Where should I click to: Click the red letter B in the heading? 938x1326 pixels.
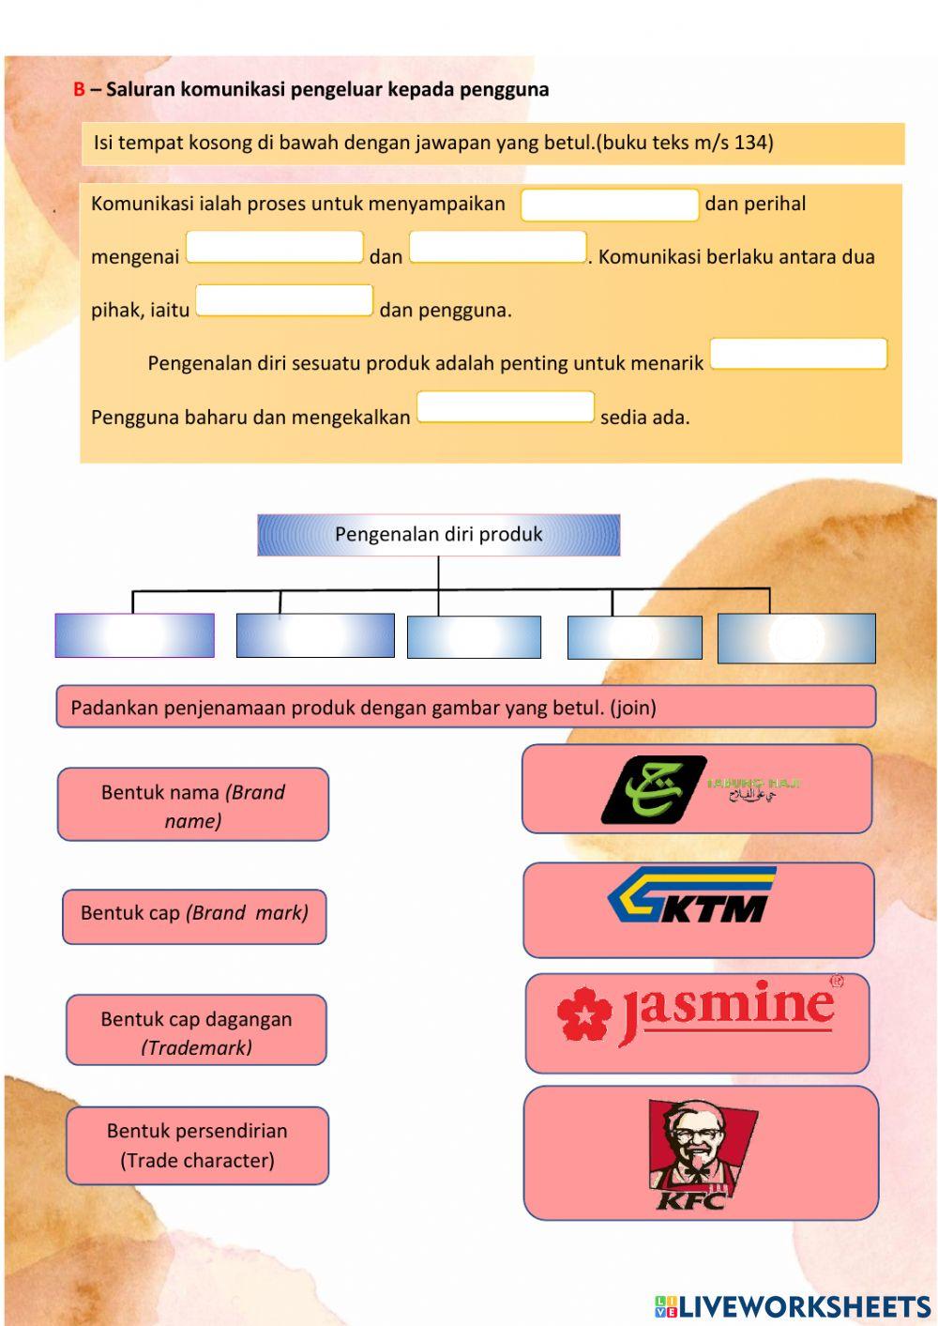pyautogui.click(x=79, y=90)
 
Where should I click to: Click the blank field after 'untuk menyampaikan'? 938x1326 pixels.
pyautogui.click(x=609, y=205)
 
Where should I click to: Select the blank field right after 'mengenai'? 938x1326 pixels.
pyautogui.click(x=275, y=247)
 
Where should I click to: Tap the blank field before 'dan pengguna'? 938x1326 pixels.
pyautogui.click(x=284, y=300)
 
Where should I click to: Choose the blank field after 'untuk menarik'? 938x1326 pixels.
pyautogui.click(x=798, y=354)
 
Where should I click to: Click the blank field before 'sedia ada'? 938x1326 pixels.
pyautogui.click(x=506, y=407)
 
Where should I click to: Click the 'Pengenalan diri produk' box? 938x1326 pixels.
pyautogui.click(x=438, y=535)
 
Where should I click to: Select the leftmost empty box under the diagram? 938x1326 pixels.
pyautogui.click(x=134, y=635)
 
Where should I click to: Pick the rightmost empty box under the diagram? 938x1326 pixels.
pyautogui.click(x=796, y=638)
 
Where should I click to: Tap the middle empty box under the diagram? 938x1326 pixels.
pyautogui.click(x=474, y=636)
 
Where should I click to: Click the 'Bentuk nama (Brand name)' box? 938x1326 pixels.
pyautogui.click(x=193, y=805)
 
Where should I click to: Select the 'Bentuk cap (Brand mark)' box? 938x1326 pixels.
pyautogui.click(x=194, y=916)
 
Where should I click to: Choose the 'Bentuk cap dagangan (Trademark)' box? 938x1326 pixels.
pyautogui.click(x=196, y=1030)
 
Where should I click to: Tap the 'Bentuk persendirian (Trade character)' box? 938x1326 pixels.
pyautogui.click(x=197, y=1145)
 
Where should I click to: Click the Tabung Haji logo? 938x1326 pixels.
pyautogui.click(x=699, y=788)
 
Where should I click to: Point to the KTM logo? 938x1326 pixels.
pyautogui.click(x=692, y=896)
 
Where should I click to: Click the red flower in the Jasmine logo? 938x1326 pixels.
pyautogui.click(x=583, y=1014)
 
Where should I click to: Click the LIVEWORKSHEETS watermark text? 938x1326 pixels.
pyautogui.click(x=804, y=1306)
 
